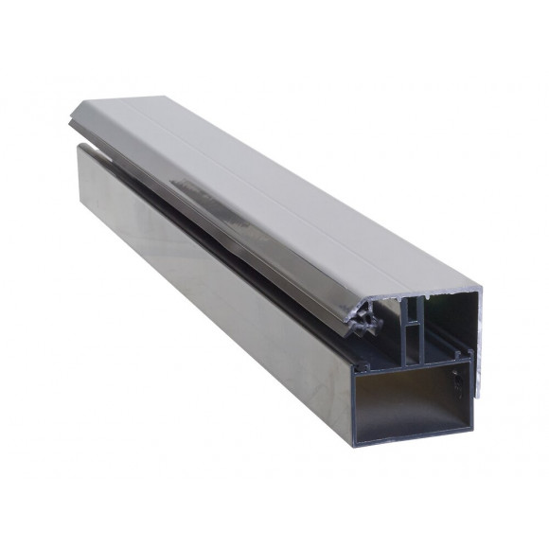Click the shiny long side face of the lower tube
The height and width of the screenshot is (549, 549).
pyautogui.click(x=208, y=274)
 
